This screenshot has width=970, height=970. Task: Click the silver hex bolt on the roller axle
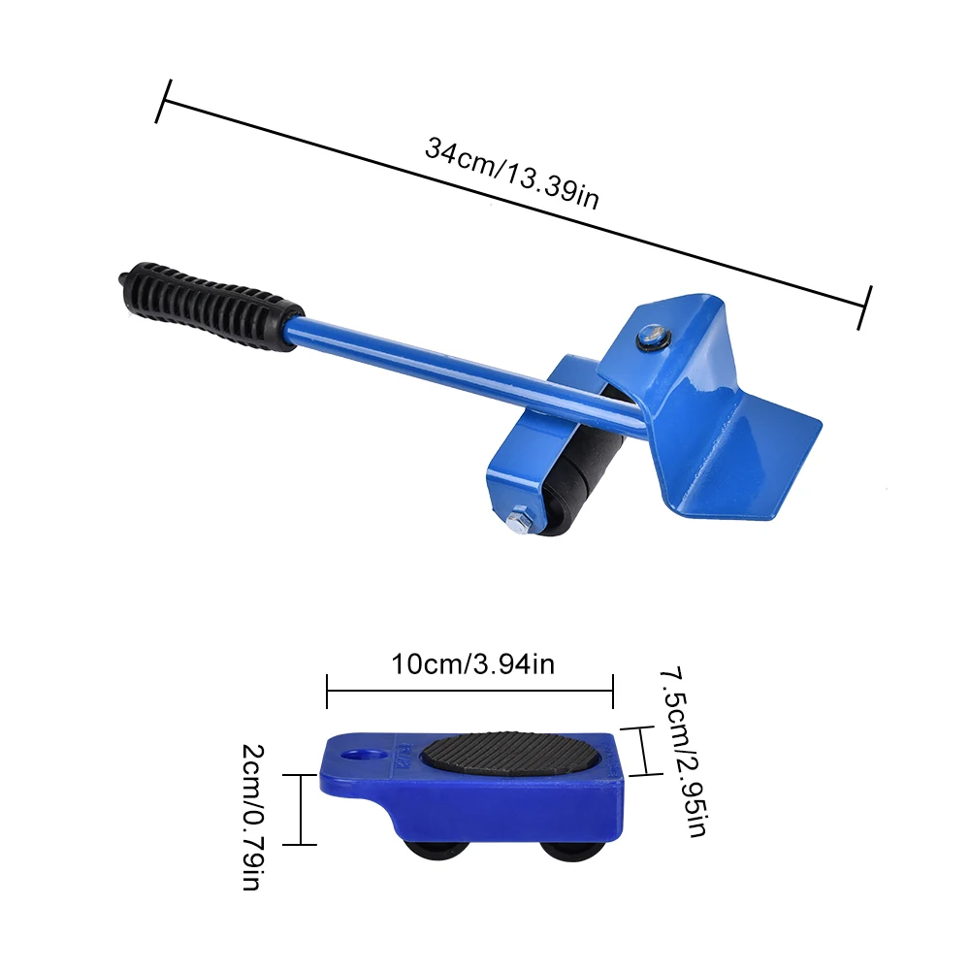point(518,522)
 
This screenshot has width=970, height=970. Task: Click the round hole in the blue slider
point(364,753)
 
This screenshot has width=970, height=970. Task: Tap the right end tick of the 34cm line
point(866,307)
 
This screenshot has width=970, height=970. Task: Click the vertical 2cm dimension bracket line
point(302,809)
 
